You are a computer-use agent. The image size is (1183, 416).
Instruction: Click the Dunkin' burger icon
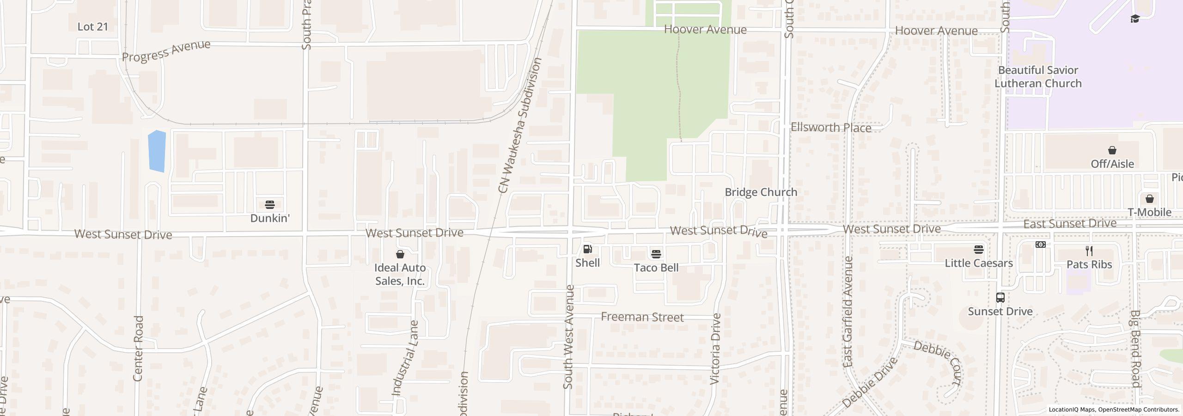tap(270, 204)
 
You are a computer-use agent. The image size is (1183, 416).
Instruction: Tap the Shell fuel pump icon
tap(587, 249)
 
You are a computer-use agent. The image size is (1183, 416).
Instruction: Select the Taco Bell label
tap(656, 268)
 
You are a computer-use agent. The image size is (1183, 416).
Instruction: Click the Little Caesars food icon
tap(978, 250)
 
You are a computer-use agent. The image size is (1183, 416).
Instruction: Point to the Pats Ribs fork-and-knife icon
tap(1089, 251)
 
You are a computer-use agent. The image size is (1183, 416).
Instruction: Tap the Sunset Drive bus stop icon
tap(1000, 298)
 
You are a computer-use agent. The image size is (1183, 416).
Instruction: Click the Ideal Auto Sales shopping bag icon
tap(400, 254)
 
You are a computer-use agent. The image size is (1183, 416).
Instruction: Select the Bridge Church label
tap(761, 192)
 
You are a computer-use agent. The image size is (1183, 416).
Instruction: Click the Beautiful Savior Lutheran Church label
tap(1038, 77)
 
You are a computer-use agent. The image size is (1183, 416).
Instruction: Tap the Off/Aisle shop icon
tap(1112, 150)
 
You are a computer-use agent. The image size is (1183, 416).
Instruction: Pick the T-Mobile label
tap(1149, 212)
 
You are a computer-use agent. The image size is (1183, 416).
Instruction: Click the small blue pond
tap(157, 151)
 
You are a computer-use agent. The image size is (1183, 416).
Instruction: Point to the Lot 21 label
tap(92, 27)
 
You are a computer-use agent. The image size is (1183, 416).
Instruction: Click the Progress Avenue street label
tap(166, 51)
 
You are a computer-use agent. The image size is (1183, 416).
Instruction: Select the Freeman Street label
tap(642, 317)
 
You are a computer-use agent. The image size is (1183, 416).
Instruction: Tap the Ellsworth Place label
tap(830, 128)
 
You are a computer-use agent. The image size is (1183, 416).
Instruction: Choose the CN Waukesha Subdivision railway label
tap(519, 125)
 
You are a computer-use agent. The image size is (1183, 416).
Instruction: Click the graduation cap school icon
tap(1135, 19)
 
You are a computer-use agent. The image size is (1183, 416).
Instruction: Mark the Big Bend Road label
tap(1135, 349)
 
